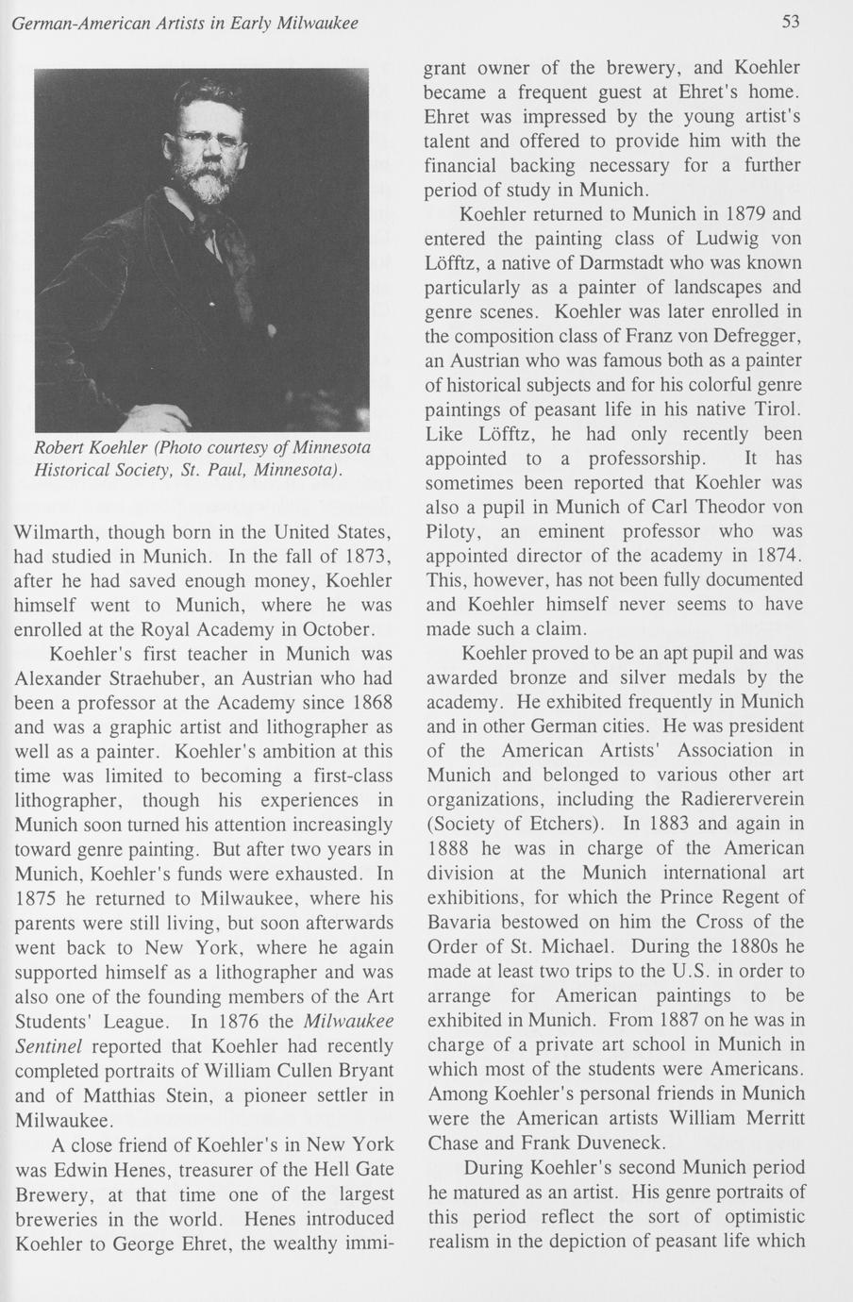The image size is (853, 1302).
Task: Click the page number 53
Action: click(790, 22)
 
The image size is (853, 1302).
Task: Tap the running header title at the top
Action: click(185, 22)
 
